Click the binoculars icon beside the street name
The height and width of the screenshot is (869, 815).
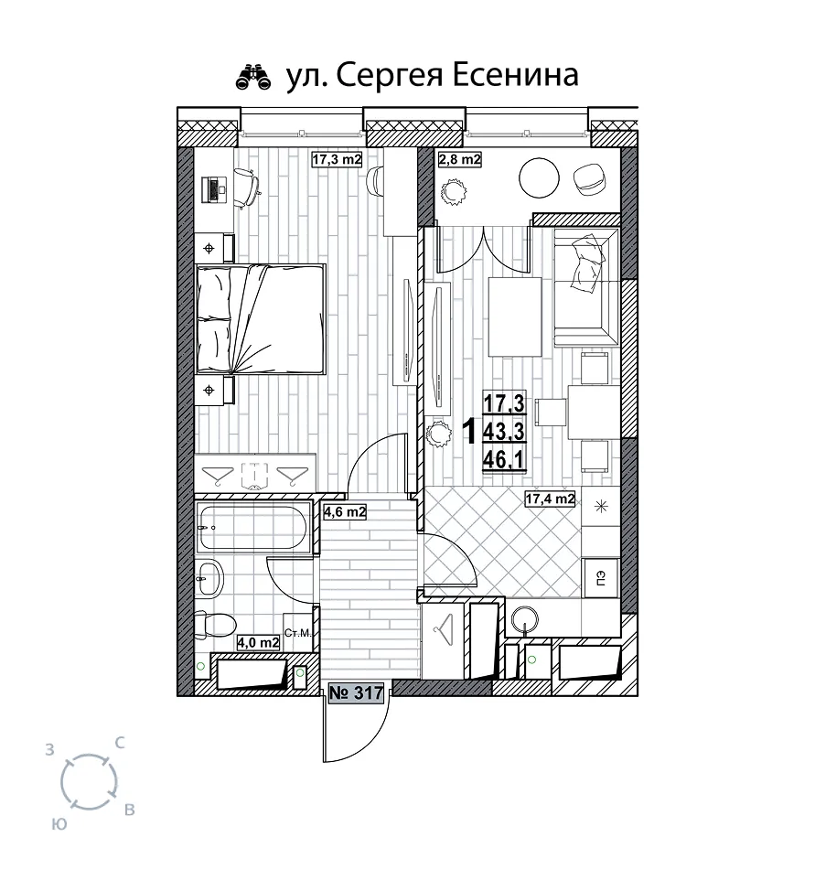pyautogui.click(x=253, y=77)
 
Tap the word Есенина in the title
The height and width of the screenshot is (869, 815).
pyautogui.click(x=515, y=75)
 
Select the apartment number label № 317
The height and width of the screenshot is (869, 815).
pyautogui.click(x=356, y=692)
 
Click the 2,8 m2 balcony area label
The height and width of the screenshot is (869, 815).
pyautogui.click(x=460, y=159)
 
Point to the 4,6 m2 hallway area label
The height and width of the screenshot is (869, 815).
pyautogui.click(x=345, y=511)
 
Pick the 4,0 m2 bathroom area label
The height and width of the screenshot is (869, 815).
pyautogui.click(x=258, y=642)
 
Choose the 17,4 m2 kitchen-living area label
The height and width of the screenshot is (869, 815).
pyautogui.click(x=550, y=499)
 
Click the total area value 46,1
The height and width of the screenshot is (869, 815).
pyautogui.click(x=504, y=459)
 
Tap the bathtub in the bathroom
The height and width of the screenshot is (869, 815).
pyautogui.click(x=252, y=528)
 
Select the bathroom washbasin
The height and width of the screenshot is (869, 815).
pyautogui.click(x=209, y=577)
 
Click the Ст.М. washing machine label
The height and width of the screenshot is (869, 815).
pyautogui.click(x=298, y=633)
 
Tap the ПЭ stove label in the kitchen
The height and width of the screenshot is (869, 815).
pyautogui.click(x=601, y=578)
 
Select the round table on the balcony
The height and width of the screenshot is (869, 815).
pyautogui.click(x=539, y=177)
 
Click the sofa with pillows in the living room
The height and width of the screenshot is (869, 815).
pyautogui.click(x=585, y=288)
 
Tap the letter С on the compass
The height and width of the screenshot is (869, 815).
pyautogui.click(x=119, y=743)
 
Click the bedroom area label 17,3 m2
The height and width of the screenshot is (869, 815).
pyautogui.click(x=337, y=159)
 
